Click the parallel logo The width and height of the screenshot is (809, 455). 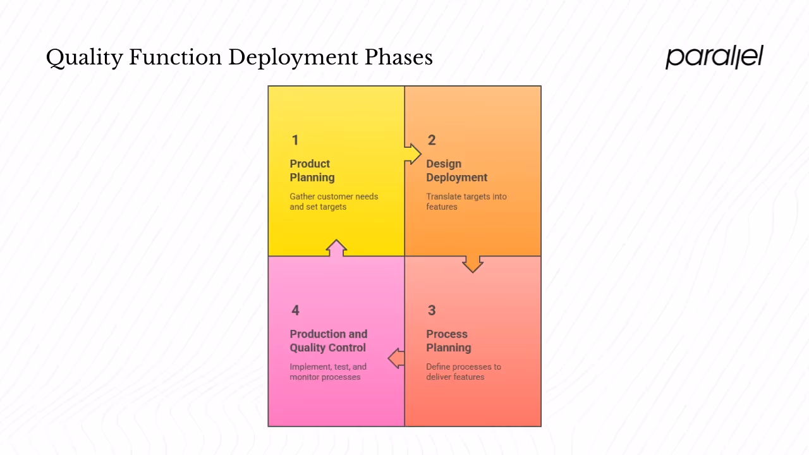click(714, 57)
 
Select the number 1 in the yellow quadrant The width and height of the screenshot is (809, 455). click(295, 140)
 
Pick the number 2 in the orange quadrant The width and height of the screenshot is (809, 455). click(432, 140)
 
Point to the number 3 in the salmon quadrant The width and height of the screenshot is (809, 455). click(432, 310)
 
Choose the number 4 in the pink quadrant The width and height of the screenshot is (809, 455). click(295, 310)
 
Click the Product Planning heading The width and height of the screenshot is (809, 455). click(312, 171)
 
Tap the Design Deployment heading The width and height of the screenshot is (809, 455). click(456, 171)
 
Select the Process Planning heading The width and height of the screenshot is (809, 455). click(448, 341)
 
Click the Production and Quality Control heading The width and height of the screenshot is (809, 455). click(328, 341)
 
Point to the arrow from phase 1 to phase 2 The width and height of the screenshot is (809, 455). click(412, 154)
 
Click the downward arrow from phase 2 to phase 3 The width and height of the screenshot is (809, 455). click(473, 264)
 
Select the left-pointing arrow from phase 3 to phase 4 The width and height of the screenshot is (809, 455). click(396, 358)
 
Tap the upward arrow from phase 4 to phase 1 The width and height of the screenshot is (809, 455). click(336, 248)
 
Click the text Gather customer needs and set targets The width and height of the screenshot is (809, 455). click(334, 202)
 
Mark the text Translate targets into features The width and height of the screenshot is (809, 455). click(466, 202)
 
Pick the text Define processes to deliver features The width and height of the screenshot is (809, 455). click(463, 372)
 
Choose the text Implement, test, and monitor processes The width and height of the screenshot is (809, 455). click(328, 372)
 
